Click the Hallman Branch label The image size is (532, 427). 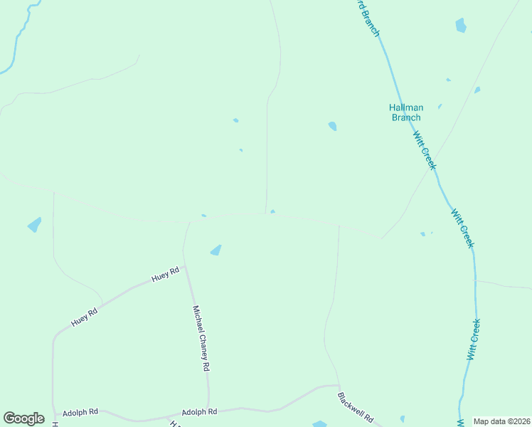(x=405, y=112)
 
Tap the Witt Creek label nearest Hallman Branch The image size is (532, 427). (x=425, y=149)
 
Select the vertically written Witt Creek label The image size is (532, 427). (x=474, y=339)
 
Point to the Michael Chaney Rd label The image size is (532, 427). (x=201, y=338)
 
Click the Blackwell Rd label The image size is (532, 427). (x=356, y=408)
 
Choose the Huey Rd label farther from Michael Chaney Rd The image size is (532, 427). (x=83, y=317)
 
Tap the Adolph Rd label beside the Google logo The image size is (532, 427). (x=80, y=413)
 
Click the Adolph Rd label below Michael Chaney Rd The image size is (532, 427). (x=199, y=412)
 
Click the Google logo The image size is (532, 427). (x=23, y=418)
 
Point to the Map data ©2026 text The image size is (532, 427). (x=502, y=421)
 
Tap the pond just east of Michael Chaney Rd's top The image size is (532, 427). (x=216, y=250)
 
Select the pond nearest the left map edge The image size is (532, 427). (x=34, y=225)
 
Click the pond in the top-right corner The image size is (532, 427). (x=461, y=26)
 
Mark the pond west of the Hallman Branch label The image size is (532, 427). (x=332, y=126)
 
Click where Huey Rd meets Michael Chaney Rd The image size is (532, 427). (x=185, y=268)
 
